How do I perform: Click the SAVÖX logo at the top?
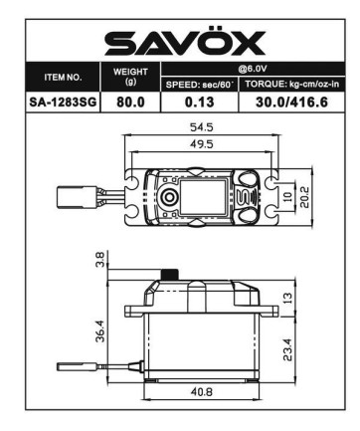(x=185, y=43)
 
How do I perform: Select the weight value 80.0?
(x=129, y=101)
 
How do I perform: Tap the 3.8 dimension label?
(x=98, y=260)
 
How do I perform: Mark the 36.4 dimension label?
(x=98, y=328)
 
